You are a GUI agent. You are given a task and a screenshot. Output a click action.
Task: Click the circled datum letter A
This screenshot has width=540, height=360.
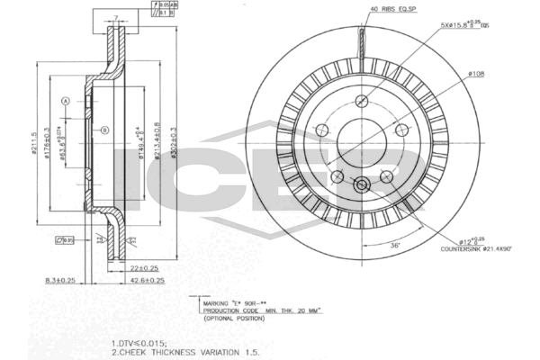[x=66, y=102]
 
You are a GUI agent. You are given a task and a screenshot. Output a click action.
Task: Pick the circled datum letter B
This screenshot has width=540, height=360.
[x=104, y=131]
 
